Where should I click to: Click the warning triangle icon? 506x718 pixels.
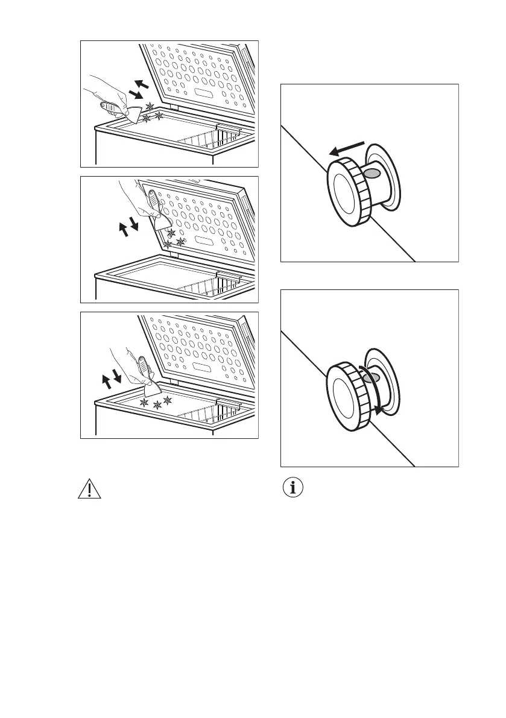click(89, 489)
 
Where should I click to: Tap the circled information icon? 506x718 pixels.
click(294, 489)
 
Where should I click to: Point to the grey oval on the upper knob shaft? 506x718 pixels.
click(373, 173)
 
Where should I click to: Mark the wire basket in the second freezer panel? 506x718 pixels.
click(211, 288)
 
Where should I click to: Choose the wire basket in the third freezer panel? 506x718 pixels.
click(211, 414)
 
